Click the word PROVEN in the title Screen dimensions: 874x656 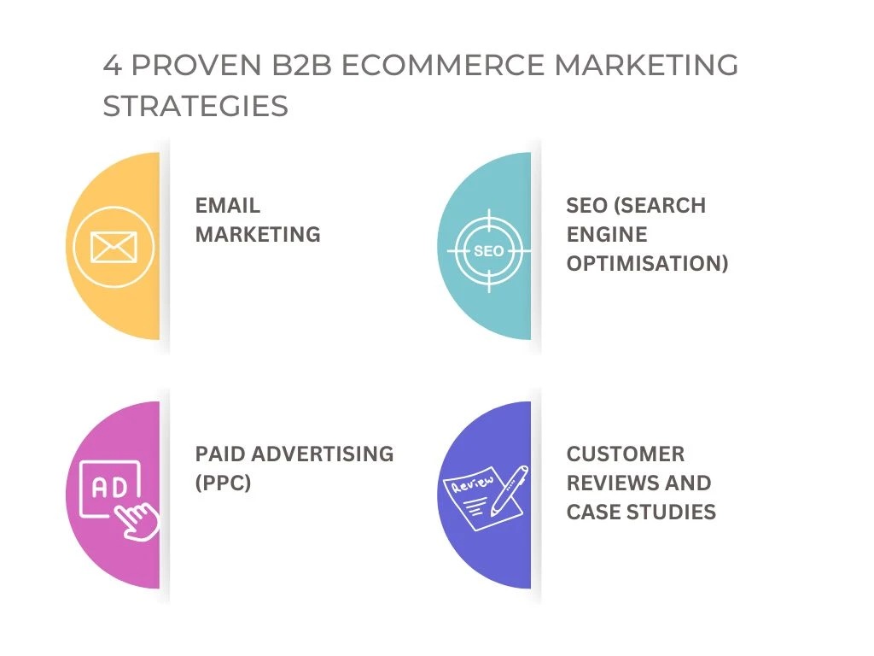(x=196, y=65)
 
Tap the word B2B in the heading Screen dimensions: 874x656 (x=301, y=65)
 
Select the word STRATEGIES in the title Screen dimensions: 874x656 (x=195, y=106)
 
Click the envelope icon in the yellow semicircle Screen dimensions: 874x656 (x=114, y=247)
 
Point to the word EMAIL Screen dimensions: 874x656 (x=227, y=205)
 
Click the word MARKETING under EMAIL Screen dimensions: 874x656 (x=258, y=234)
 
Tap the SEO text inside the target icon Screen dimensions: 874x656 (x=489, y=251)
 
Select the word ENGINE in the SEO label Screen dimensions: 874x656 (x=607, y=234)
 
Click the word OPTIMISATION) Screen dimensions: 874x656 (x=648, y=263)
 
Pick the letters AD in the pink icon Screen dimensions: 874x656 (x=109, y=488)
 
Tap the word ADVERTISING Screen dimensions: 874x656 (x=322, y=454)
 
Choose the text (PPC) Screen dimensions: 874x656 (x=223, y=483)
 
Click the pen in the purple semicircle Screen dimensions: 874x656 (x=510, y=490)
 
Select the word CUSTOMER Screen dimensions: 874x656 (x=626, y=454)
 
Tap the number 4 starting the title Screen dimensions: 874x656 (x=112, y=65)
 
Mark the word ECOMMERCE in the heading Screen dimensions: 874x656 (x=443, y=65)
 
